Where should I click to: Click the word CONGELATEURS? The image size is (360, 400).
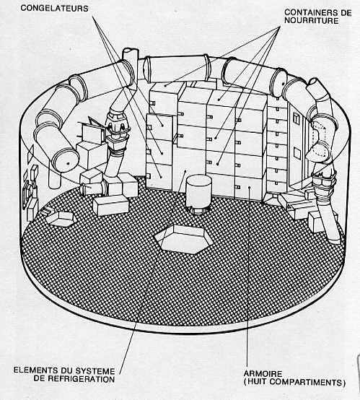tap(54, 9)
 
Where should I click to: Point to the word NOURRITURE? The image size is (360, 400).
tap(312, 21)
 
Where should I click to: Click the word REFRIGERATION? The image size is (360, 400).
tap(82, 379)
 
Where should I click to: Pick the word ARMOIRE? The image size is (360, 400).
tap(263, 374)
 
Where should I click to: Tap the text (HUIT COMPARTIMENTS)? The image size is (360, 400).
tap(294, 383)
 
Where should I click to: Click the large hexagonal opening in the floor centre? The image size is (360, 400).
tap(183, 239)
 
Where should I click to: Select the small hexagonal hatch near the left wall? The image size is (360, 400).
tap(60, 219)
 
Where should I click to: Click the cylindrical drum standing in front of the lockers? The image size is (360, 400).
tap(198, 191)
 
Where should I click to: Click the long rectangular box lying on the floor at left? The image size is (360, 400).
tap(110, 205)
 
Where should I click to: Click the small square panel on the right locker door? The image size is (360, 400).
tap(297, 153)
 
